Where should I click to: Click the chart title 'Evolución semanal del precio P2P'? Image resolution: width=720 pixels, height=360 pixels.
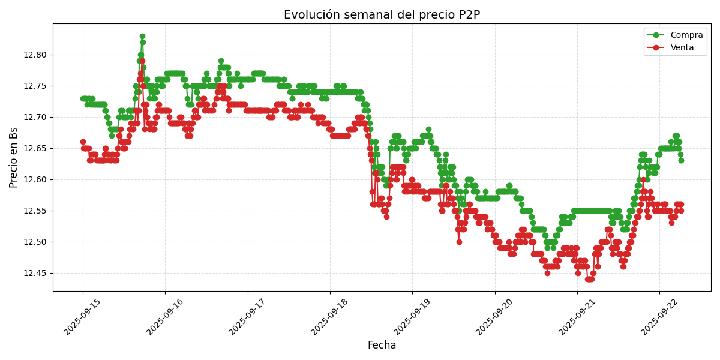coord(382,15)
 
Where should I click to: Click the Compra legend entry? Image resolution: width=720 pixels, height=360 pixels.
coord(682,35)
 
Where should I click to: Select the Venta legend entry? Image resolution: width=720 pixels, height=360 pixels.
coord(682,47)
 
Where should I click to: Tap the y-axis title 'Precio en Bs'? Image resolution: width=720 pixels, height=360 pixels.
coord(14,157)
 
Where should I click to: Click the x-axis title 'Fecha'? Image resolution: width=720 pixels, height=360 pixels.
coord(382,346)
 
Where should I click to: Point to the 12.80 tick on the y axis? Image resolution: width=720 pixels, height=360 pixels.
coord(36,55)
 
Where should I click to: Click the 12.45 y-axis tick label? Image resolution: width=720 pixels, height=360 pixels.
coord(36,273)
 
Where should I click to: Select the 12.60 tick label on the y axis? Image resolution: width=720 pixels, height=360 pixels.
coord(36,179)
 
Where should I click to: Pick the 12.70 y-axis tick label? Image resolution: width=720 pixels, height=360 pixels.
coord(36,117)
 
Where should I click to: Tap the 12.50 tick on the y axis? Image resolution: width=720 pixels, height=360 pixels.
coord(36,242)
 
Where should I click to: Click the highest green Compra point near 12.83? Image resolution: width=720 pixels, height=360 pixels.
coord(142,37)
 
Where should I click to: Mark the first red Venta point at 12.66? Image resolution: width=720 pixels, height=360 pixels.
coord(83,142)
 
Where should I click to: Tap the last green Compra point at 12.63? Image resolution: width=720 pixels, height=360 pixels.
coord(681,160)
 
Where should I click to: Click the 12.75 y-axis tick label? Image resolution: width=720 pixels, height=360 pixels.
coord(36,86)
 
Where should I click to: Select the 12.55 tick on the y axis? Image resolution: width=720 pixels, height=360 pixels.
coord(36,211)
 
